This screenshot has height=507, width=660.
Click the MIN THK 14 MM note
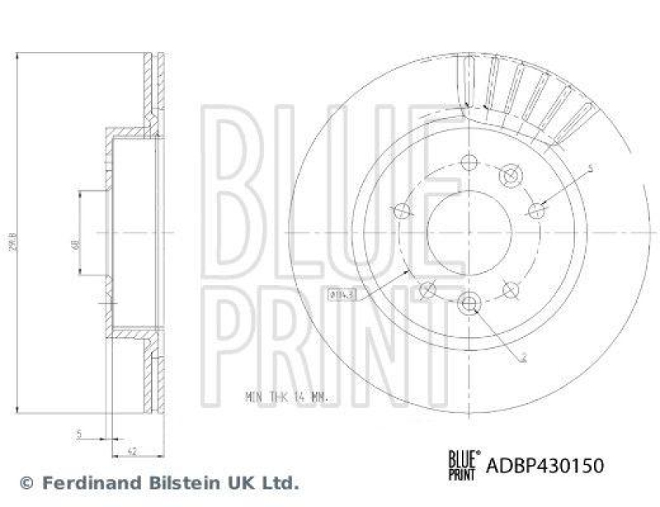click(286, 397)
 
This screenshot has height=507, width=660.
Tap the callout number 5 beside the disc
click(591, 169)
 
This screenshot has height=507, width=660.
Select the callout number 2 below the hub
click(523, 358)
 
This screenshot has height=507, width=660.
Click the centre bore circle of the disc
click(469, 233)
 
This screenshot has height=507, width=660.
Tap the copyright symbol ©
click(26, 482)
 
